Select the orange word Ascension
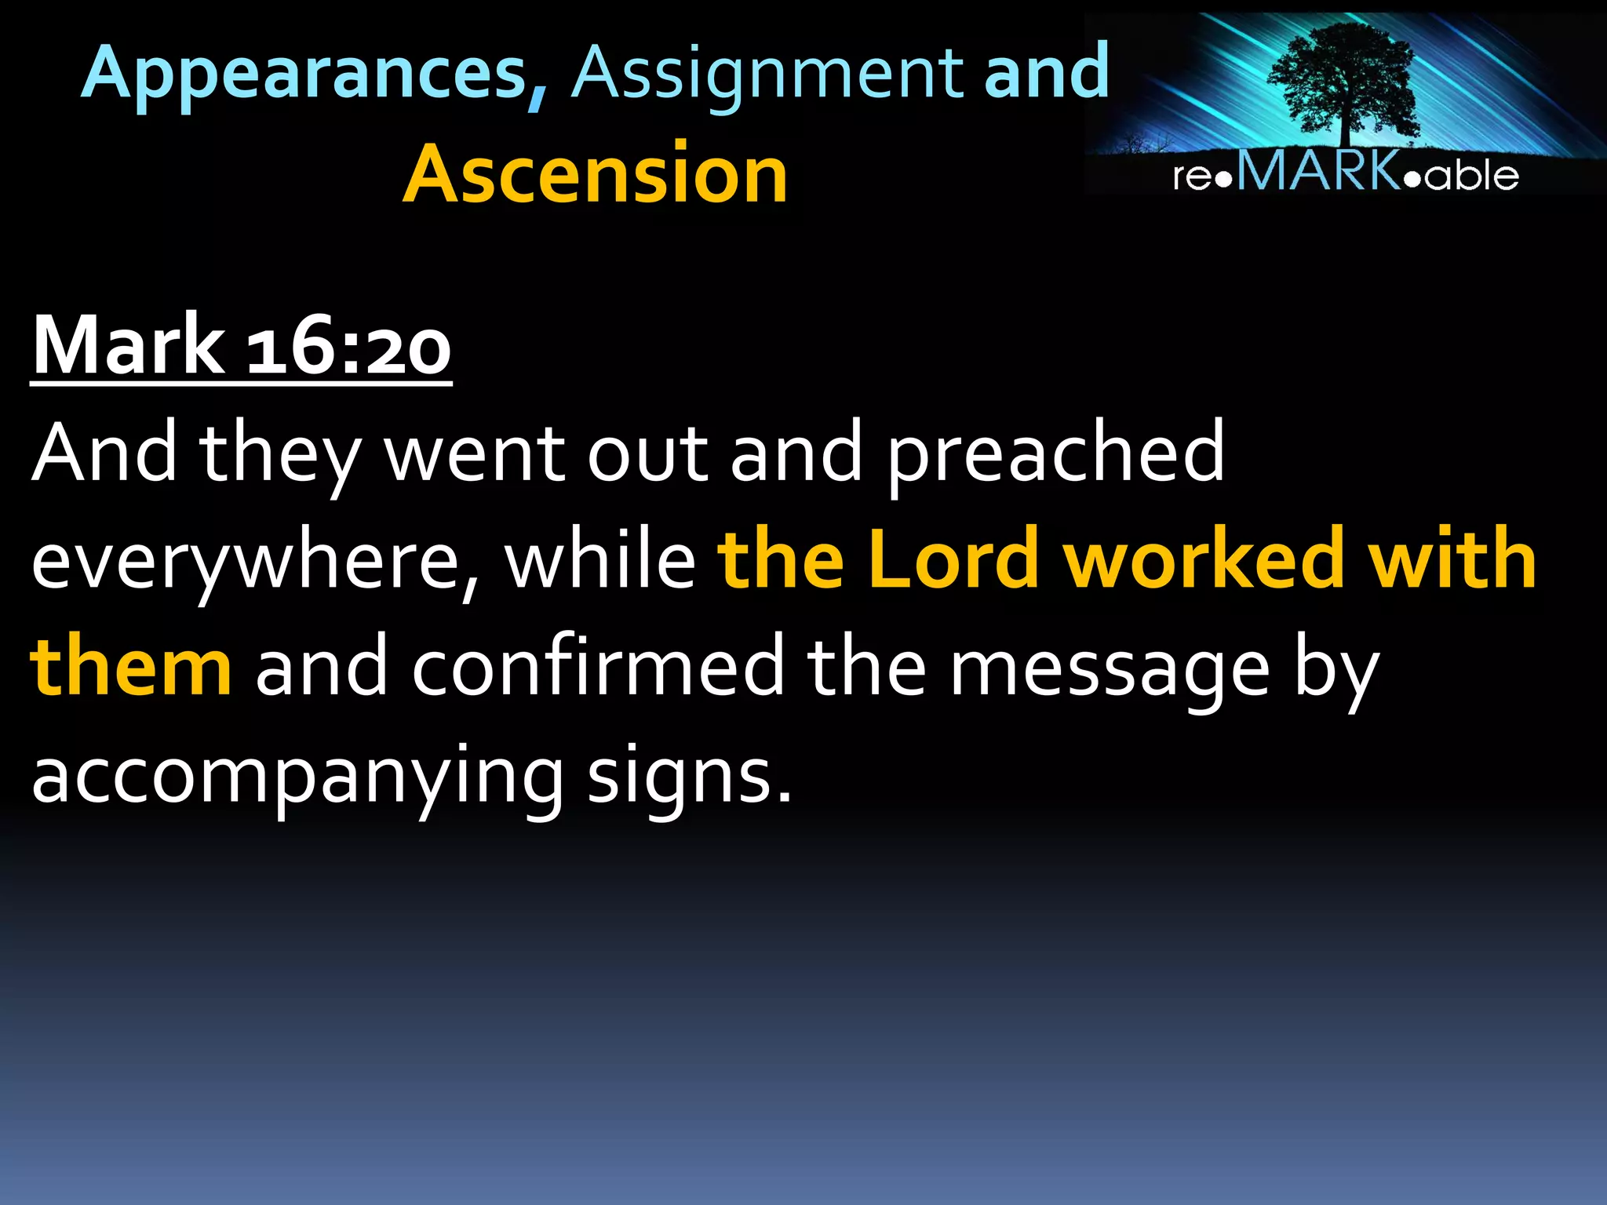[595, 174]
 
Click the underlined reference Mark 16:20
[241, 345]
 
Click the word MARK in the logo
[1318, 171]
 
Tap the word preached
[1055, 453]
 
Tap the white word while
[599, 559]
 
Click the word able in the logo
[1471, 175]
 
